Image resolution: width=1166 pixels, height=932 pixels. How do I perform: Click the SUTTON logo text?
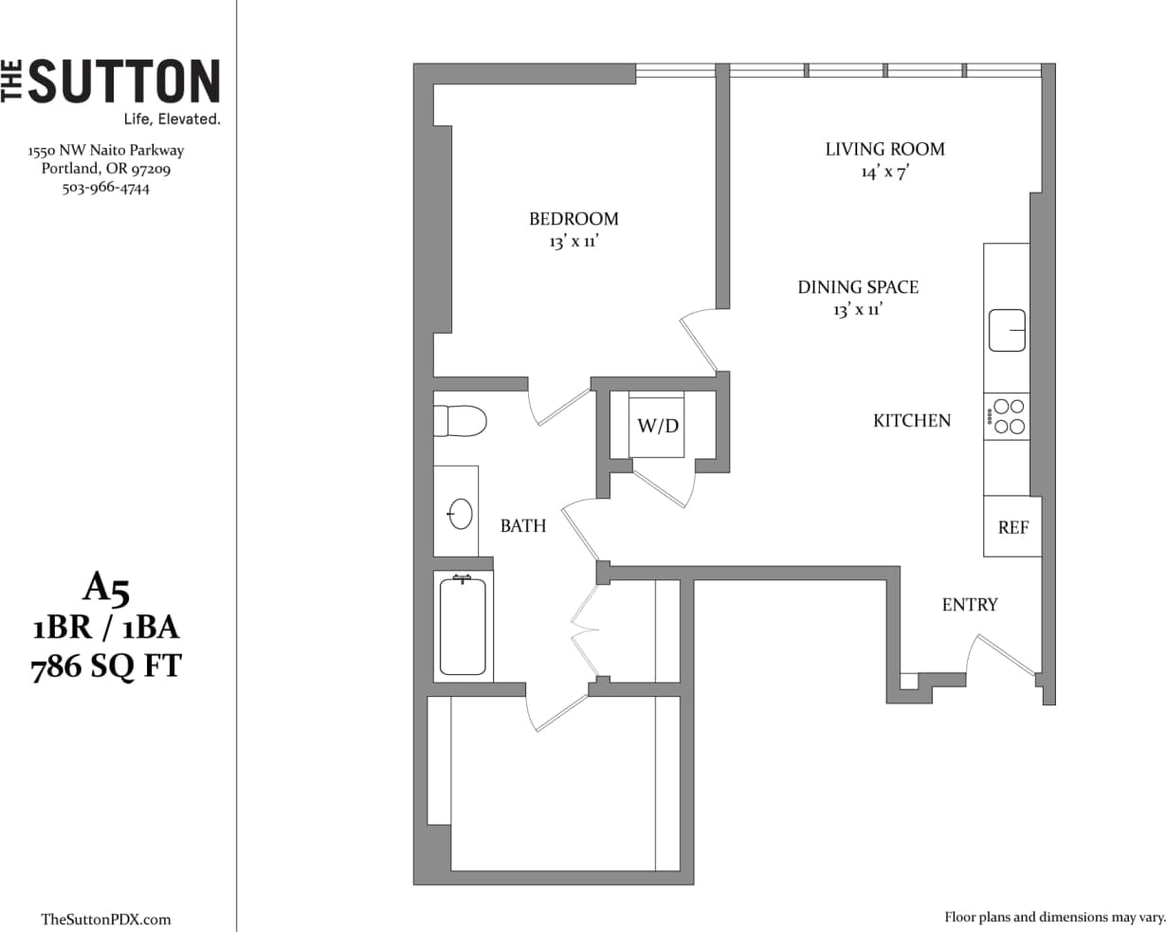point(123,82)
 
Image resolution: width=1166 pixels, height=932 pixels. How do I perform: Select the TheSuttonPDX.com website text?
point(106,919)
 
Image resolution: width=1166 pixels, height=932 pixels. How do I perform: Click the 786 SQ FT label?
point(106,667)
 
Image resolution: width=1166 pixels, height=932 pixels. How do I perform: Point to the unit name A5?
point(105,589)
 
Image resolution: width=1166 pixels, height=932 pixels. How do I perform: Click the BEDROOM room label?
point(574,219)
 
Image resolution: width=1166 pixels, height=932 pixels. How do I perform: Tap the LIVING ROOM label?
point(884,149)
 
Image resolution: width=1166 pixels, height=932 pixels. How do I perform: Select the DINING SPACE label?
point(858,286)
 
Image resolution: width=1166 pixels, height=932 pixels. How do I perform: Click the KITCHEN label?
point(912,420)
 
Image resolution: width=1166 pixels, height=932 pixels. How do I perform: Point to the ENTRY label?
point(969,605)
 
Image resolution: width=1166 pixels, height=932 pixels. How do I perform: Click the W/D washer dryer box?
point(657,426)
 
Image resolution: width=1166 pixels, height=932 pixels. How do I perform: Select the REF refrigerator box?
point(1012,527)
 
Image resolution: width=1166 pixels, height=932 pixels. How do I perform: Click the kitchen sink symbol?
point(1008,330)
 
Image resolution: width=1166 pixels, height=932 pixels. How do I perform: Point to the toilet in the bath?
point(459,420)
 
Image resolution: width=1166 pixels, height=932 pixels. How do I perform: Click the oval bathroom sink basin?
point(461,513)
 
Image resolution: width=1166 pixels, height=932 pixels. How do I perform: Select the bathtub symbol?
point(463,626)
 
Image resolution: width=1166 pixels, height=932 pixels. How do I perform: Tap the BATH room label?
point(523,525)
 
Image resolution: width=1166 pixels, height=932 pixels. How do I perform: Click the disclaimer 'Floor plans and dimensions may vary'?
point(1054,917)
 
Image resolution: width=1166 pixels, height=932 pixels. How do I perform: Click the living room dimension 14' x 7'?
point(884,173)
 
